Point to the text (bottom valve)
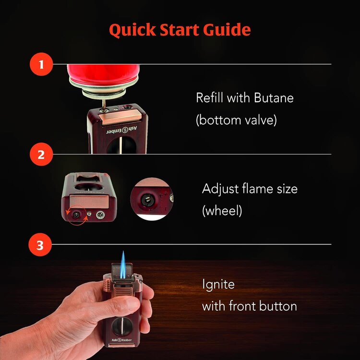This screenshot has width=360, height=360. (236, 120)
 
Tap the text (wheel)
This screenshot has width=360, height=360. (222, 210)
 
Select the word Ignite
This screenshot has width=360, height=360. (218, 284)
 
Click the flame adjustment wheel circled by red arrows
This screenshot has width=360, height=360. (76, 215)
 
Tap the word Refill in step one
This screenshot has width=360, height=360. (210, 98)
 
